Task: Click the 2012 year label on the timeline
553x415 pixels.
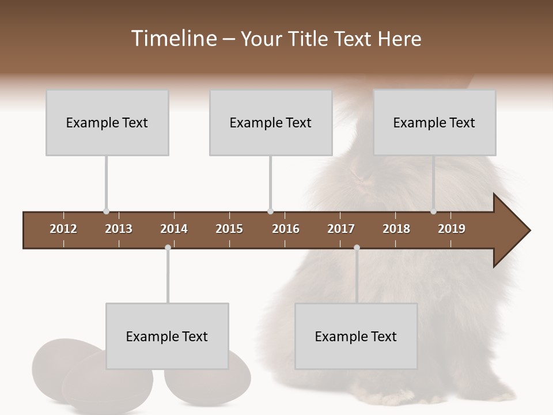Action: (x=63, y=229)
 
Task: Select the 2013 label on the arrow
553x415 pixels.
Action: (x=119, y=229)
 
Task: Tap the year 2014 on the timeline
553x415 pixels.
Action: (x=174, y=229)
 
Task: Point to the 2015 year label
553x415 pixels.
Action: (x=229, y=229)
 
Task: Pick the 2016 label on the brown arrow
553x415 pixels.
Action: (x=286, y=229)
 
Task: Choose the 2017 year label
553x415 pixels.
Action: (x=341, y=229)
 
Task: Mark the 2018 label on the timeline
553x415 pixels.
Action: (x=396, y=229)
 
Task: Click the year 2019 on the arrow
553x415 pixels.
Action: (x=452, y=229)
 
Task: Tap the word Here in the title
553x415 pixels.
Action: (x=399, y=39)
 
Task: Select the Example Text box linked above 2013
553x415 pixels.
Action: (x=107, y=122)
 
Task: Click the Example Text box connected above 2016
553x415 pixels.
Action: (x=271, y=122)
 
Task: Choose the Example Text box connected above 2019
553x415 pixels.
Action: (x=434, y=122)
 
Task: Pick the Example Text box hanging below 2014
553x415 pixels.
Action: (x=167, y=336)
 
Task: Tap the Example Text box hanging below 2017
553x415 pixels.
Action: (x=356, y=336)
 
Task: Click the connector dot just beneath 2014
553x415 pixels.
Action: (x=168, y=248)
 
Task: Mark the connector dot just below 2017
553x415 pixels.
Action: (x=357, y=248)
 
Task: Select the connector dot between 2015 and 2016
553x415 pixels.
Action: (x=270, y=212)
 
